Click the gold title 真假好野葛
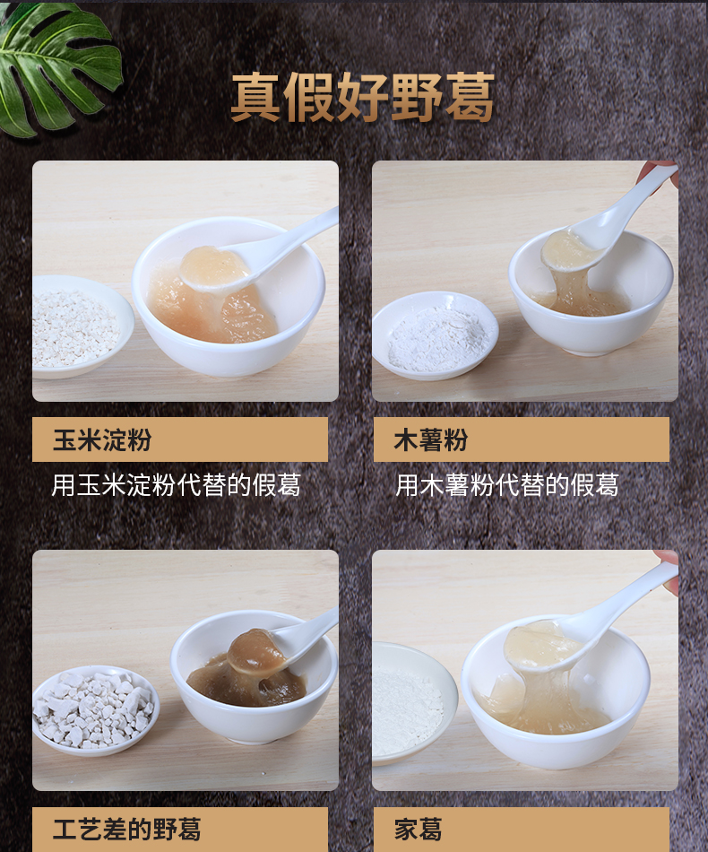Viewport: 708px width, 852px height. point(362,97)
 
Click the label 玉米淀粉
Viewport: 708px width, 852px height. point(101,439)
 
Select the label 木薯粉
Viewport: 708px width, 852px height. point(430,439)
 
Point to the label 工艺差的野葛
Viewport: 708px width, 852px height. point(126,830)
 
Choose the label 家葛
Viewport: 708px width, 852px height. point(418,830)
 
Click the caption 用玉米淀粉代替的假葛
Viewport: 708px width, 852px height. point(176,484)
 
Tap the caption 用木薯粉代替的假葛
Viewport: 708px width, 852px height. point(506,484)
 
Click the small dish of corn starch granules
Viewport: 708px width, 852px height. point(82,327)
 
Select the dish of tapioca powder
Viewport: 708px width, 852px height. point(436,335)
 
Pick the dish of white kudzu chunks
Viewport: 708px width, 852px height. point(96,710)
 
